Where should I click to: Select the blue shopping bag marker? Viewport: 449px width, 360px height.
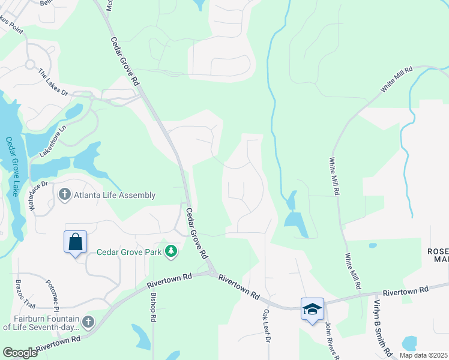(76, 243)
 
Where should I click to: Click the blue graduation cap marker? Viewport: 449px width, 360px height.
(312, 309)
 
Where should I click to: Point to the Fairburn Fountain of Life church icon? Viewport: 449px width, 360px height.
(88, 322)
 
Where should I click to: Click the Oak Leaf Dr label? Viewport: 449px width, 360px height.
(265, 326)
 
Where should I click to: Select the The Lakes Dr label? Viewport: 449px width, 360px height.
(54, 82)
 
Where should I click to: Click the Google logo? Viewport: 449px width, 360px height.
(20, 353)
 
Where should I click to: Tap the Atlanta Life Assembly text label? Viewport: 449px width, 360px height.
(115, 195)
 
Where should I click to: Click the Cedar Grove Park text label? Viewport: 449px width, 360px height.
(130, 253)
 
